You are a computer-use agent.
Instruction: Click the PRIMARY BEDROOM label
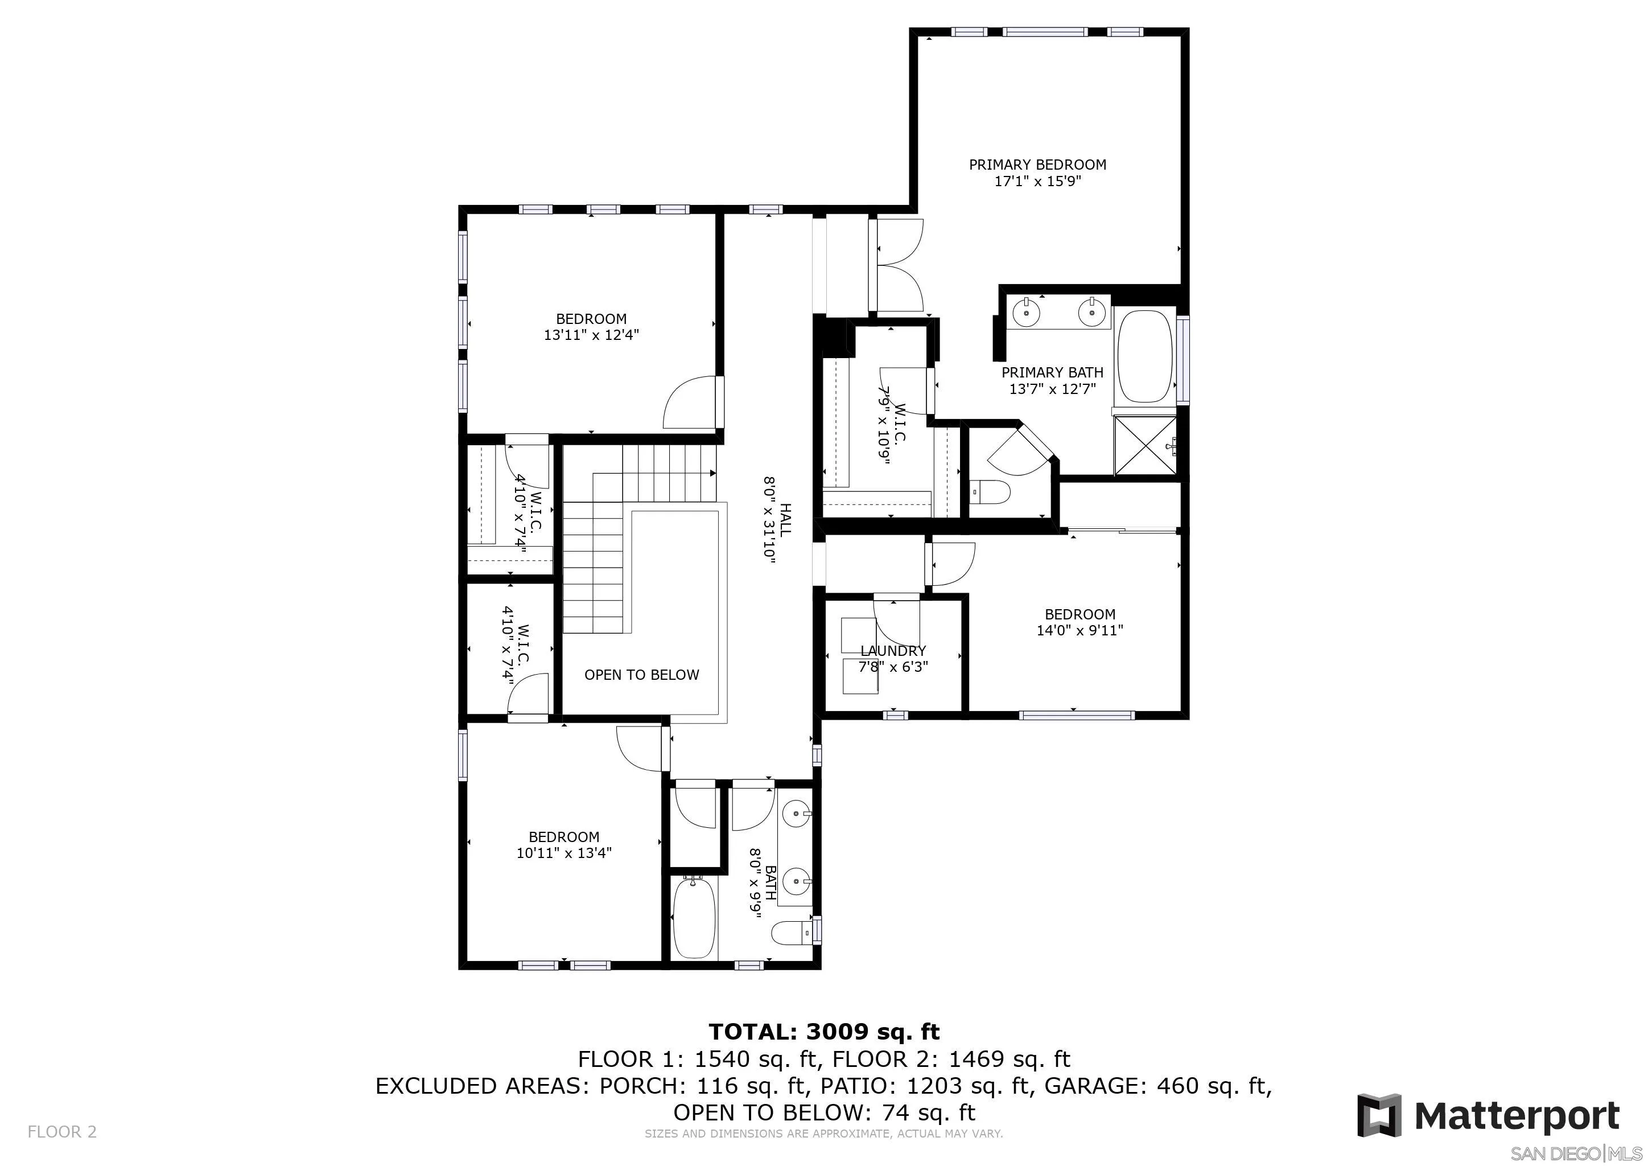click(x=1037, y=165)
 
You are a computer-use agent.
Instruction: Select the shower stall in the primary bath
click(x=1145, y=445)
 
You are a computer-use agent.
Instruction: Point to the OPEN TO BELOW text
click(x=641, y=675)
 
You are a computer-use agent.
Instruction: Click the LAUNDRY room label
click(x=893, y=651)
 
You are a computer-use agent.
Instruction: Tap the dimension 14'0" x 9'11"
click(x=1080, y=630)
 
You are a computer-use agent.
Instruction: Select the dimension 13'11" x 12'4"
click(x=591, y=335)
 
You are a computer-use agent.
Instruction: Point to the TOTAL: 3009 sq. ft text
click(x=823, y=1032)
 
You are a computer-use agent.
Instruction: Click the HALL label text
click(x=785, y=519)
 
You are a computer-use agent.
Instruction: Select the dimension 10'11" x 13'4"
click(x=563, y=853)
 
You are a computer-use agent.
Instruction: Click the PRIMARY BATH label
click(x=1052, y=373)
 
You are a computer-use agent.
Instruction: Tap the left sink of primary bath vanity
click(x=1027, y=313)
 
